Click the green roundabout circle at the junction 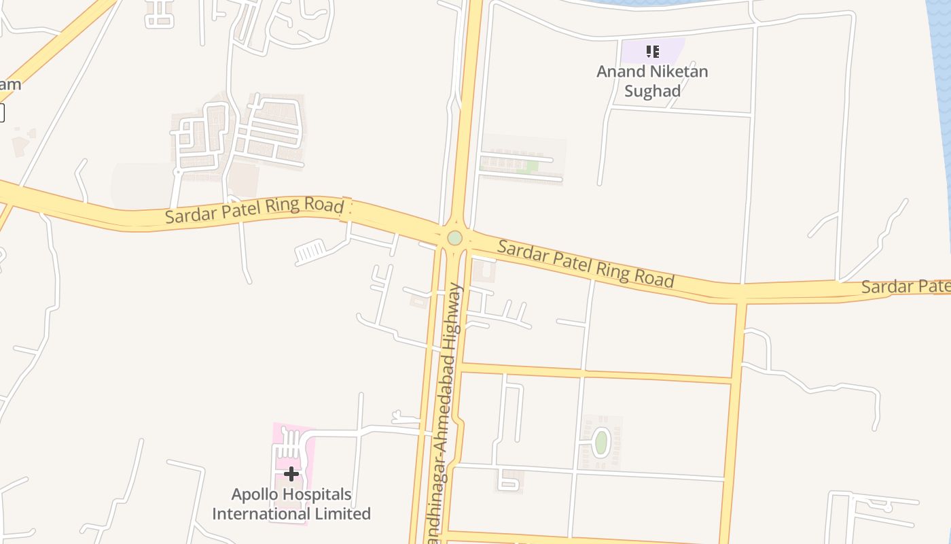click(454, 238)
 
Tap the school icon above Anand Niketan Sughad click(653, 51)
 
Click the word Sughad click(652, 91)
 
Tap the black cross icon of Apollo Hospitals click(291, 473)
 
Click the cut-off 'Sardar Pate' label click(905, 286)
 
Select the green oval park click(600, 442)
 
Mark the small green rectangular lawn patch click(532, 166)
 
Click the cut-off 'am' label click(10, 84)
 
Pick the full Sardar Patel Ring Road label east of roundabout click(586, 263)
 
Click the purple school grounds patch click(669, 49)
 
